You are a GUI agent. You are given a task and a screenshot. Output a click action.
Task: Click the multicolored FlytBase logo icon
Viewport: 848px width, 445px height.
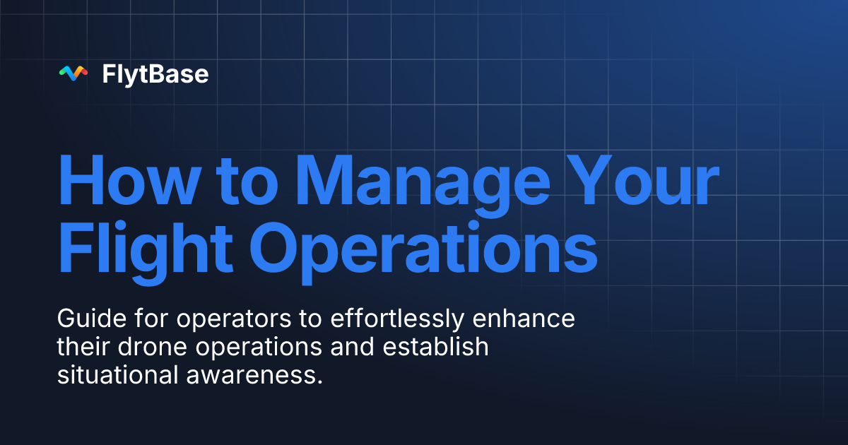[73, 73]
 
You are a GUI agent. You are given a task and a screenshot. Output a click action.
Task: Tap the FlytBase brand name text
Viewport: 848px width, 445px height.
[155, 73]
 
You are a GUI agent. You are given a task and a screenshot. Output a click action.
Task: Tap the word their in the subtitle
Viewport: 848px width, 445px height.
[78, 347]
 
